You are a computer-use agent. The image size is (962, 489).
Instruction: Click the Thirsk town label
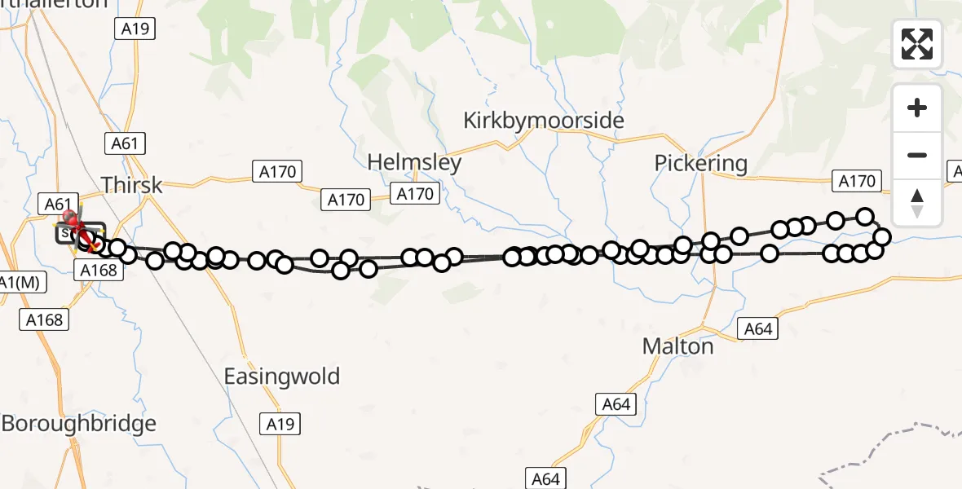pyautogui.click(x=131, y=184)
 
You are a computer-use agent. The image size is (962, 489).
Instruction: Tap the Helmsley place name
pyautogui.click(x=414, y=162)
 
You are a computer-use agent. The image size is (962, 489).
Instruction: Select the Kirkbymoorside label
pyautogui.click(x=544, y=121)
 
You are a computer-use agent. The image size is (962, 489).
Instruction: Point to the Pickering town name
pyautogui.click(x=700, y=163)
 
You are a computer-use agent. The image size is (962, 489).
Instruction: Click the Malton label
pyautogui.click(x=677, y=346)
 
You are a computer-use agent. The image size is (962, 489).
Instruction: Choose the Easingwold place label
pyautogui.click(x=282, y=377)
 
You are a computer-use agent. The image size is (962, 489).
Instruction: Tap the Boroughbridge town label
pyautogui.click(x=78, y=424)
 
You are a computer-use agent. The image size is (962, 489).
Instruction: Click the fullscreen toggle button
pyautogui.click(x=917, y=44)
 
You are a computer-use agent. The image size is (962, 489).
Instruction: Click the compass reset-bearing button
pyautogui.click(x=917, y=202)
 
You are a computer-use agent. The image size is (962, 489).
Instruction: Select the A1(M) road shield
pyautogui.click(x=22, y=283)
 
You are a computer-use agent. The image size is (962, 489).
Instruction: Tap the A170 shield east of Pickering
pyautogui.click(x=856, y=181)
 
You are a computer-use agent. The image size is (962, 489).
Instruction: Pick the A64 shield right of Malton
pyautogui.click(x=757, y=329)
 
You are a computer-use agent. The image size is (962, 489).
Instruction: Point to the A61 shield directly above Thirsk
pyautogui.click(x=126, y=144)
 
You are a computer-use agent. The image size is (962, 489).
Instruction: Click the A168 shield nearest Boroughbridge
pyautogui.click(x=44, y=319)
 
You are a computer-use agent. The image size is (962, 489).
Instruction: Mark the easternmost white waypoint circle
pyautogui.click(x=881, y=237)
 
